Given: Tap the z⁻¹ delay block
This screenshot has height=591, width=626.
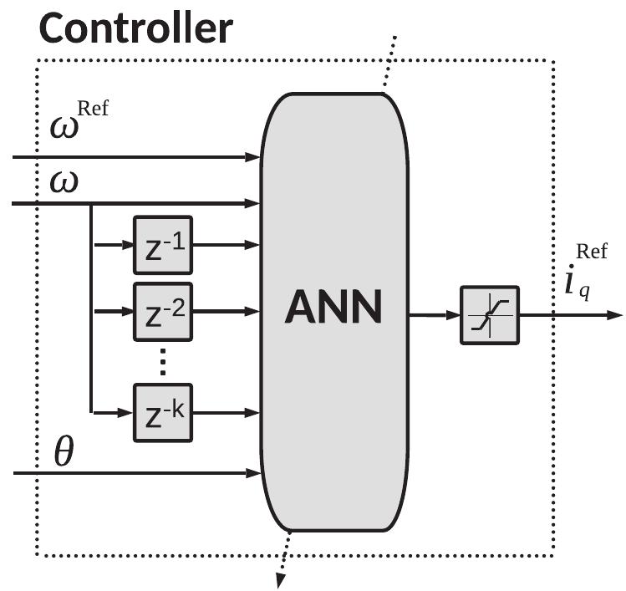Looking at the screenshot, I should click(x=162, y=245).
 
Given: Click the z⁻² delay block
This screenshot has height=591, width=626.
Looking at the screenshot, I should click(x=162, y=310).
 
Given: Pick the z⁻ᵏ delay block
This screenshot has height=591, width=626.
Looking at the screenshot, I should click(x=162, y=411).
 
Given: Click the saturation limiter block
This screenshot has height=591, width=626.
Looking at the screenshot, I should click(x=489, y=316).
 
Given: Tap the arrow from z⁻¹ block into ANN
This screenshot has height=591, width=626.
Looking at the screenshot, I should click(x=226, y=245).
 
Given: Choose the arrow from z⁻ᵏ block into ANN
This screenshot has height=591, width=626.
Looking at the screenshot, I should click(x=226, y=411).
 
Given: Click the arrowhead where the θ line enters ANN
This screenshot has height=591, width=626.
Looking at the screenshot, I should click(x=254, y=474).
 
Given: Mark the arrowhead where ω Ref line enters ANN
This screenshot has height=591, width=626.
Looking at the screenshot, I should click(x=254, y=156).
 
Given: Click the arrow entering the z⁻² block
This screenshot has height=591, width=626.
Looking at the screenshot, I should click(x=114, y=310).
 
